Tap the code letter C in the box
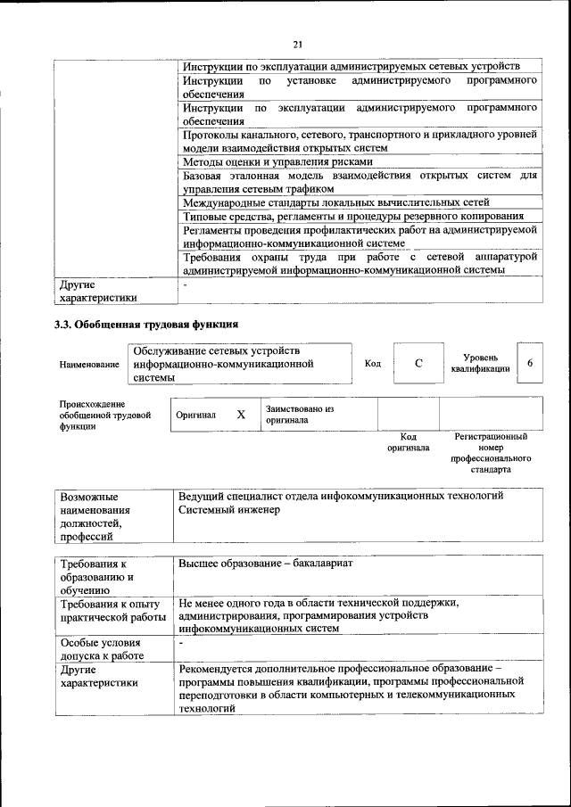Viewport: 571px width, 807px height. (x=418, y=363)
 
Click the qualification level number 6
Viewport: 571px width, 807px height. (x=530, y=363)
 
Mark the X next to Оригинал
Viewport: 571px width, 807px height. (x=241, y=415)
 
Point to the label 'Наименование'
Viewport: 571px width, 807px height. (x=89, y=365)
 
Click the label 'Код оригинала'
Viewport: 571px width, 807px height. (x=409, y=442)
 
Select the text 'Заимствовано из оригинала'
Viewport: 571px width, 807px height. (x=300, y=414)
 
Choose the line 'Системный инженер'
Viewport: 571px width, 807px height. (x=228, y=510)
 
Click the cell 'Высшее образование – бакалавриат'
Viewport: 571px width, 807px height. (x=266, y=564)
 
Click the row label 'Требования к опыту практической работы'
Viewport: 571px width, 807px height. (x=112, y=610)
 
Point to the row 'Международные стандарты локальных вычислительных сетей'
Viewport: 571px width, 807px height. (x=335, y=202)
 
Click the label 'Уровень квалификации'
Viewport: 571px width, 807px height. (x=480, y=363)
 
